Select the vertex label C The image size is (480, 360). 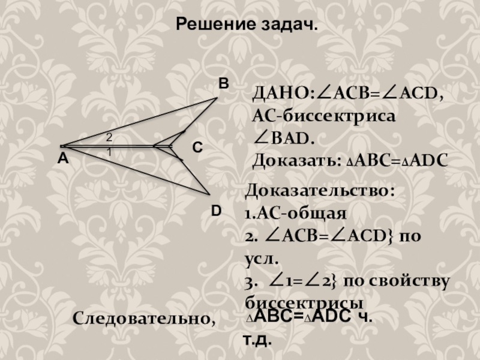[197, 148]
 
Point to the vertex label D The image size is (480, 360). [217, 210]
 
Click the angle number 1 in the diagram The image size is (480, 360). [109, 153]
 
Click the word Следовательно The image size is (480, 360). [144, 318]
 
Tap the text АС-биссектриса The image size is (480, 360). [324, 116]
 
